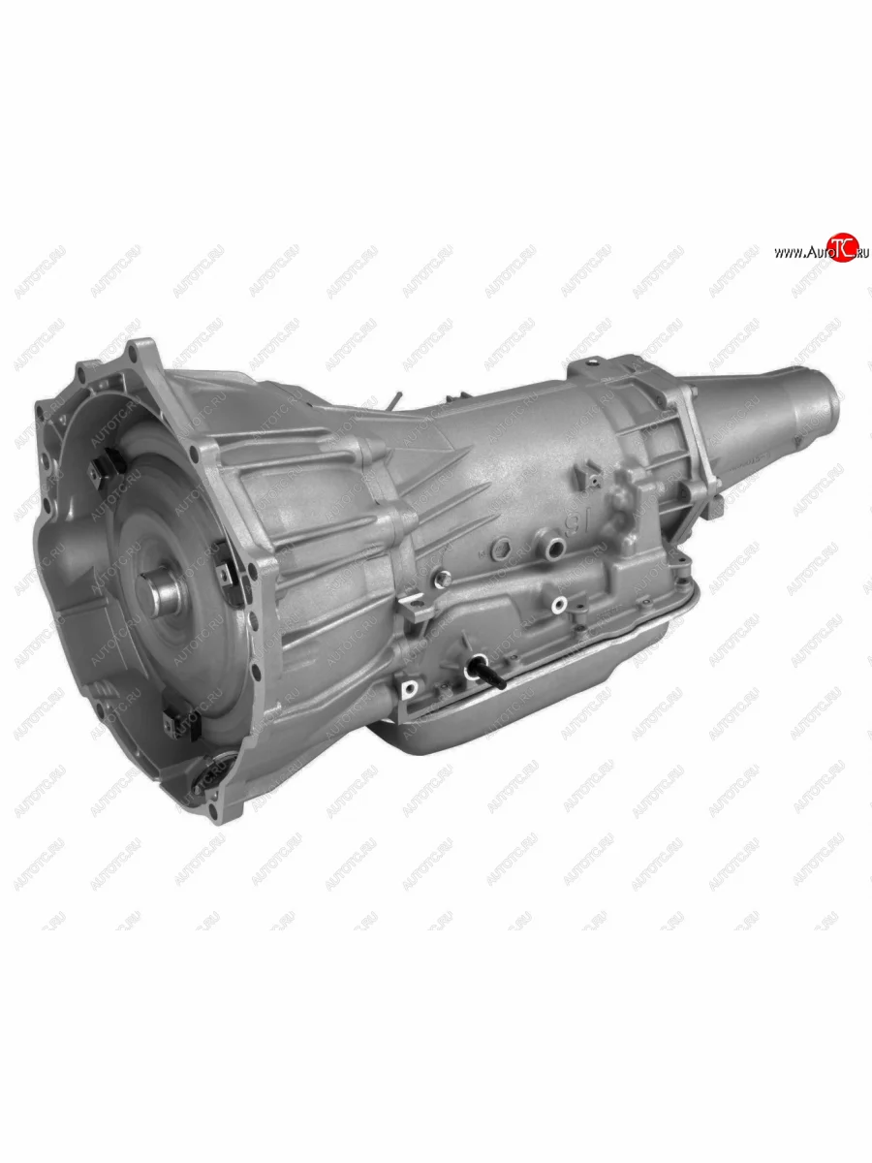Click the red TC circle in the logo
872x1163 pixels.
[842, 247]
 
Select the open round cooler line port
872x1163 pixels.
[554, 545]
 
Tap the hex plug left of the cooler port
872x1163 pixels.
[501, 550]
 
